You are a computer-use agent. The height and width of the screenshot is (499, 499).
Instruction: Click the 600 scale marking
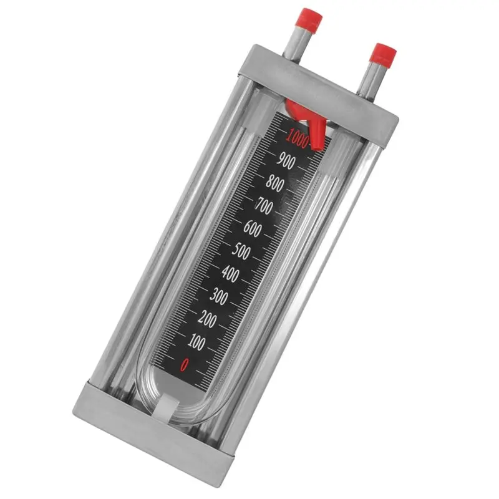(x=253, y=228)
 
